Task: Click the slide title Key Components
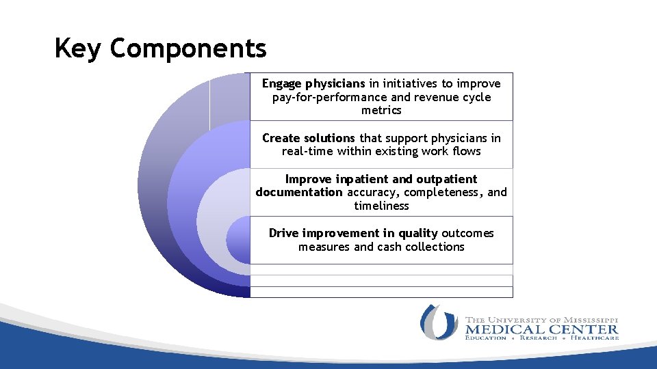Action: point(160,49)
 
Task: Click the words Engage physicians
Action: point(313,83)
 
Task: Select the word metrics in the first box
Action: point(381,110)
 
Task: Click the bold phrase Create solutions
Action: point(309,138)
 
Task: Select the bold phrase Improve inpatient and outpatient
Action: point(381,179)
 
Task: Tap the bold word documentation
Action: point(299,192)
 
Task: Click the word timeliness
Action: point(381,206)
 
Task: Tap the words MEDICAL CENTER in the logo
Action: point(541,329)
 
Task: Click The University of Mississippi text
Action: point(541,319)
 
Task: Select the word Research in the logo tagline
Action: point(538,338)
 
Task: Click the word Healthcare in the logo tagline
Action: point(595,338)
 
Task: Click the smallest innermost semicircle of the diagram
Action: point(239,241)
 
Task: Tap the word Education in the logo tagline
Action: point(485,338)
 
